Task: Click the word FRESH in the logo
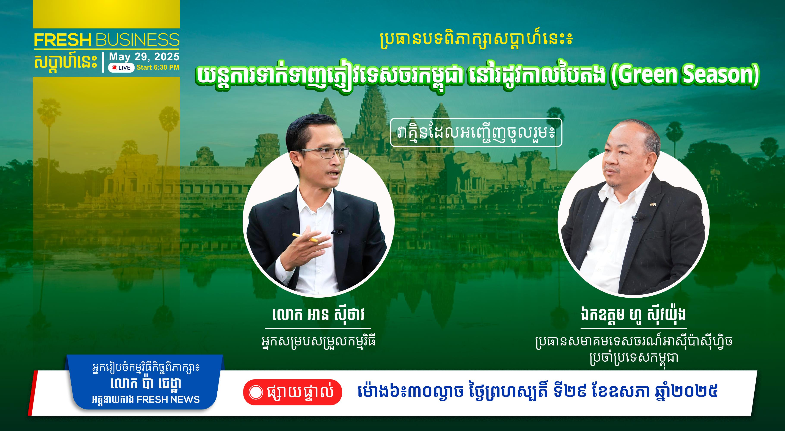pyautogui.click(x=63, y=40)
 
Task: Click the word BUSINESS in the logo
pyautogui.click(x=137, y=40)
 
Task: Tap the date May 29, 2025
pyautogui.click(x=144, y=57)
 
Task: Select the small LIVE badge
pyautogui.click(x=121, y=68)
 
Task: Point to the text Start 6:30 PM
pyautogui.click(x=158, y=67)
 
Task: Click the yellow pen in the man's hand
pyautogui.click(x=305, y=237)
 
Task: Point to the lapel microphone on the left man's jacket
pyautogui.click(x=338, y=231)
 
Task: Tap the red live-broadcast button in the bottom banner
pyautogui.click(x=293, y=392)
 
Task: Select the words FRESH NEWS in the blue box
pyautogui.click(x=168, y=400)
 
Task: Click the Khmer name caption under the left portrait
pyautogui.click(x=319, y=315)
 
